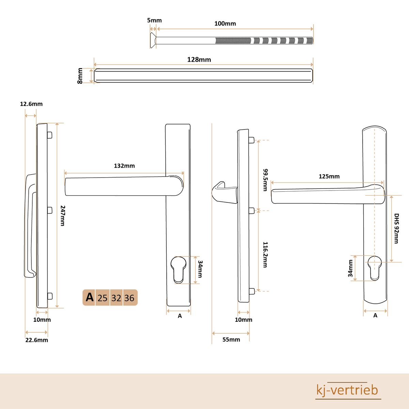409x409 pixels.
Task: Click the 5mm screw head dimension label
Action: point(154,20)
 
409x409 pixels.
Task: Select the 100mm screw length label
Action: point(225,24)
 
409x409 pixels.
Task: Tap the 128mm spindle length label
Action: point(199,60)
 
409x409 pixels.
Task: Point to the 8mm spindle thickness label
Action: point(80,76)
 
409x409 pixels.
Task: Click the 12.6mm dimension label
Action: point(31,104)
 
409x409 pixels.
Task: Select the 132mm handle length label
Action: point(124,166)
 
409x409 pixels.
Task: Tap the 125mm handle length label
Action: point(329,176)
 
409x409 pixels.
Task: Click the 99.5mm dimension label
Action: point(265,180)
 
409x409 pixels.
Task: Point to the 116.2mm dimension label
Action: point(265,255)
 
